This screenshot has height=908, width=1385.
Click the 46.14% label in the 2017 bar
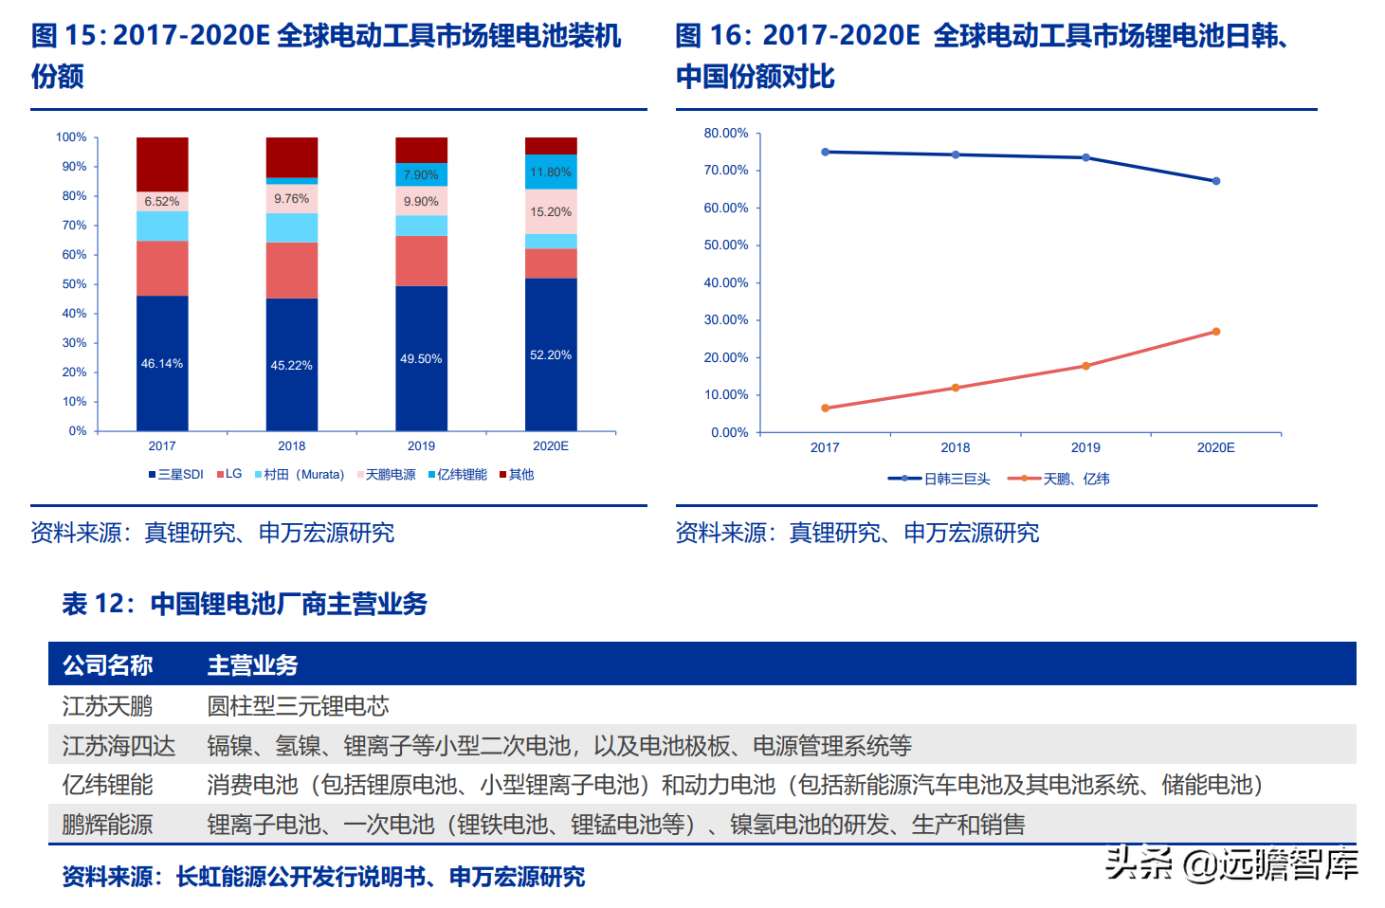(x=162, y=364)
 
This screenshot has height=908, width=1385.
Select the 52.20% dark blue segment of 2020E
(x=551, y=354)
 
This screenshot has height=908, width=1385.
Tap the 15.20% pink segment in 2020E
(x=551, y=212)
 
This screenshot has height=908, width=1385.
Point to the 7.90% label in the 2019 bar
(x=421, y=175)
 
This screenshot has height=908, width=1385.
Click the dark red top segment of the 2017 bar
(x=162, y=164)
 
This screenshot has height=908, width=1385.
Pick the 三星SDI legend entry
(x=176, y=474)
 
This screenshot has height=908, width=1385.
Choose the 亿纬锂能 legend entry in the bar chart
(x=458, y=474)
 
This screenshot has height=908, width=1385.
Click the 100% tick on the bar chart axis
(x=71, y=137)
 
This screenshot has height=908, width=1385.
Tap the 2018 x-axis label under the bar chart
(x=292, y=445)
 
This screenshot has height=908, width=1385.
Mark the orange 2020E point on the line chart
(x=1216, y=332)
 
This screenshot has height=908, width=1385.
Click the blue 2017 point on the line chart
(x=825, y=152)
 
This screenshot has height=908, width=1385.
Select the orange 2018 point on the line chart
(x=956, y=388)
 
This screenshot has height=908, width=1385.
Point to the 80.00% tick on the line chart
(x=726, y=134)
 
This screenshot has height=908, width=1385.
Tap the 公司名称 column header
(x=108, y=665)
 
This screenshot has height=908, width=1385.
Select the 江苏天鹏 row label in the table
(x=107, y=706)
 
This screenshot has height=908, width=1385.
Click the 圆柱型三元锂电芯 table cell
(x=299, y=706)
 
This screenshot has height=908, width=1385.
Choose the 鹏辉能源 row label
(x=107, y=825)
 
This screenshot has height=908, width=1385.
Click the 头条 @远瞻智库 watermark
(x=1231, y=863)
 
